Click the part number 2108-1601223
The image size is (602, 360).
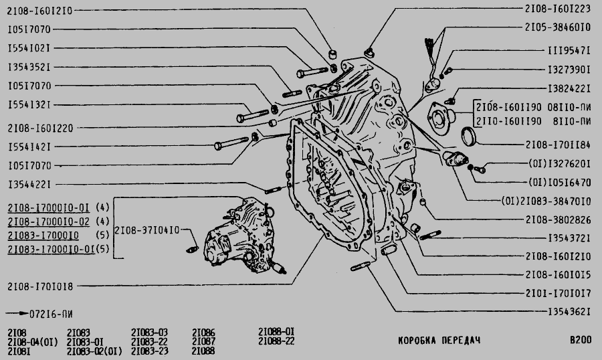click(x=557, y=9)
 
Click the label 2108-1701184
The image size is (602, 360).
click(x=557, y=144)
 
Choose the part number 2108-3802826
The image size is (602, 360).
click(x=557, y=219)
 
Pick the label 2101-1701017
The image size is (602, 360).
click(x=557, y=292)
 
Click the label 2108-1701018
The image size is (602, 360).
click(x=40, y=286)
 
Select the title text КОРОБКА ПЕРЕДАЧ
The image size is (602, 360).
click(x=439, y=340)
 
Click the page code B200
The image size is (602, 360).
click(x=580, y=340)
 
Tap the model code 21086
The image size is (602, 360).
click(x=203, y=332)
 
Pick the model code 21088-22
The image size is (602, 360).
click(x=276, y=341)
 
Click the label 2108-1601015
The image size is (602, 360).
click(x=557, y=274)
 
